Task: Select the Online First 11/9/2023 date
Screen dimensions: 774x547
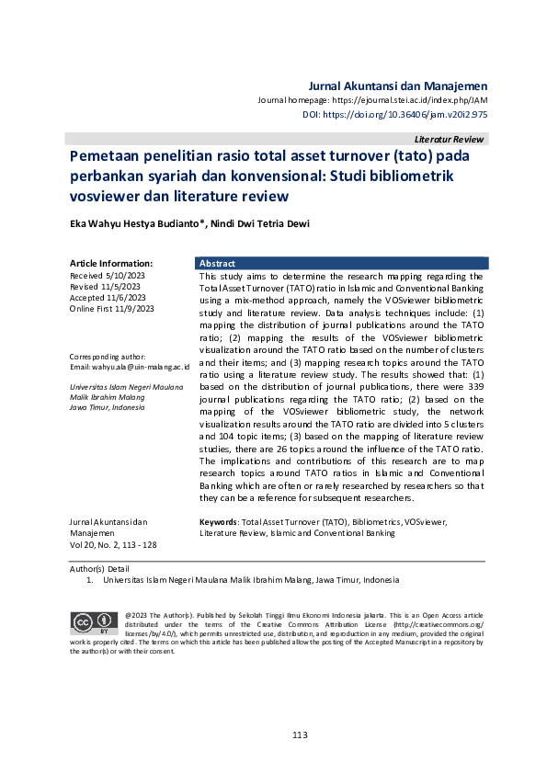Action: point(112,309)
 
